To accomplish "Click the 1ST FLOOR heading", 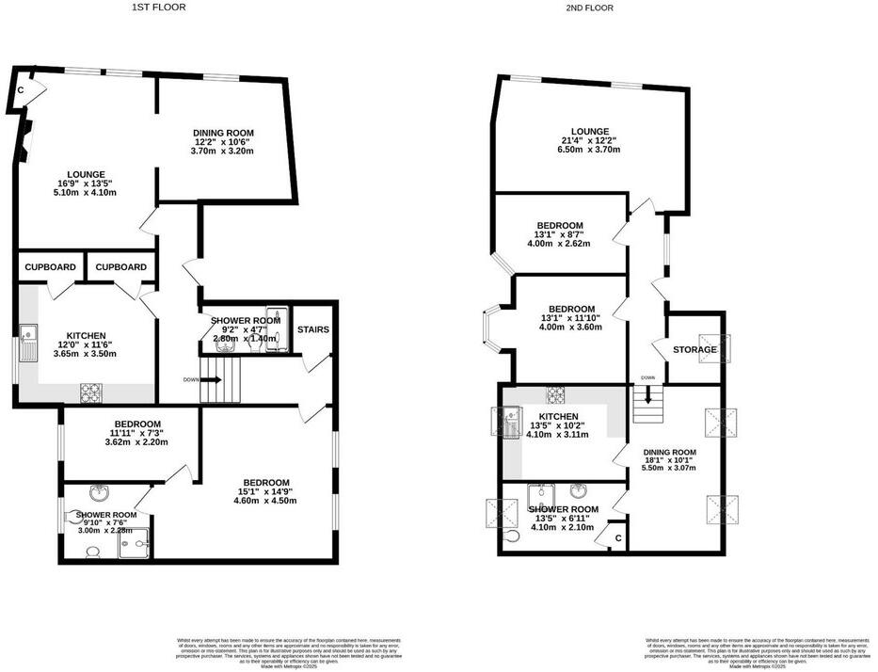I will pos(159,8).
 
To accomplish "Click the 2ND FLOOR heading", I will pos(590,8).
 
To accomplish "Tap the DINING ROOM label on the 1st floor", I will pos(223,134).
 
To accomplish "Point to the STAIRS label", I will pos(312,330).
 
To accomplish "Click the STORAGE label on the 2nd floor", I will pos(694,350).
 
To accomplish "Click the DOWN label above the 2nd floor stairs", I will pos(647,378).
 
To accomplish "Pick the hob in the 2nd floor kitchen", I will pos(555,394).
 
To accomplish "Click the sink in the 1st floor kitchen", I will pos(28,331).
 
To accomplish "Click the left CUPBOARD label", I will pos(51,267).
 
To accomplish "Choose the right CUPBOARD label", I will pos(121,267).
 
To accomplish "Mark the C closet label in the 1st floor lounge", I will pos(21,91).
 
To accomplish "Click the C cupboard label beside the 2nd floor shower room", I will pos(617,538).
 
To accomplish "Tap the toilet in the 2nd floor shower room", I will pos(509,536).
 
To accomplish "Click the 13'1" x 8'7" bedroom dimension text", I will pos(562,234).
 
